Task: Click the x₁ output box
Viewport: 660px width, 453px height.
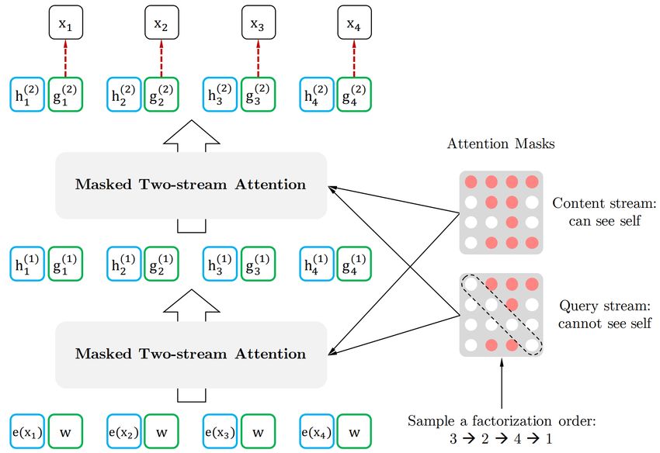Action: [x=66, y=22]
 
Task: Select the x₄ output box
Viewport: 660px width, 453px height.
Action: [x=354, y=22]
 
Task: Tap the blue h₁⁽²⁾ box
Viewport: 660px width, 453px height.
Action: [x=27, y=95]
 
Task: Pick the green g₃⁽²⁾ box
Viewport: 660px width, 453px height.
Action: [x=258, y=95]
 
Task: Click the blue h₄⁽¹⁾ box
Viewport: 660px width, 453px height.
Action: [x=317, y=264]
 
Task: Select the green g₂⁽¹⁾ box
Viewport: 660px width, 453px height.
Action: [x=162, y=264]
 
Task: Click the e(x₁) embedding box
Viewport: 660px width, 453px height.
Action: [x=27, y=431]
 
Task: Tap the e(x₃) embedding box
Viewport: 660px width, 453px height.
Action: [x=221, y=431]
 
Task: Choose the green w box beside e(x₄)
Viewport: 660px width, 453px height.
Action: [x=354, y=431]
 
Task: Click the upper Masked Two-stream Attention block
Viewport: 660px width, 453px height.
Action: [x=191, y=185]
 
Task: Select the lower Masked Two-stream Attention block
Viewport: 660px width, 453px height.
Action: [x=191, y=354]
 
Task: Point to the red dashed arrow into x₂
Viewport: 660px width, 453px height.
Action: [x=162, y=58]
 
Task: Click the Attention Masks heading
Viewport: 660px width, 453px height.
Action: [x=501, y=144]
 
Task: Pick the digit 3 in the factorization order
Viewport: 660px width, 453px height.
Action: [x=453, y=439]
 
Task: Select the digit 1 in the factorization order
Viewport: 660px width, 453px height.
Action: [x=549, y=439]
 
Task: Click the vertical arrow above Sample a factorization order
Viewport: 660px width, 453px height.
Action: [x=502, y=383]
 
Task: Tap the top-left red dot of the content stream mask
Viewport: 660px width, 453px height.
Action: [x=471, y=182]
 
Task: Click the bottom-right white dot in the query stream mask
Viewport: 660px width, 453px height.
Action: [x=532, y=345]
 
